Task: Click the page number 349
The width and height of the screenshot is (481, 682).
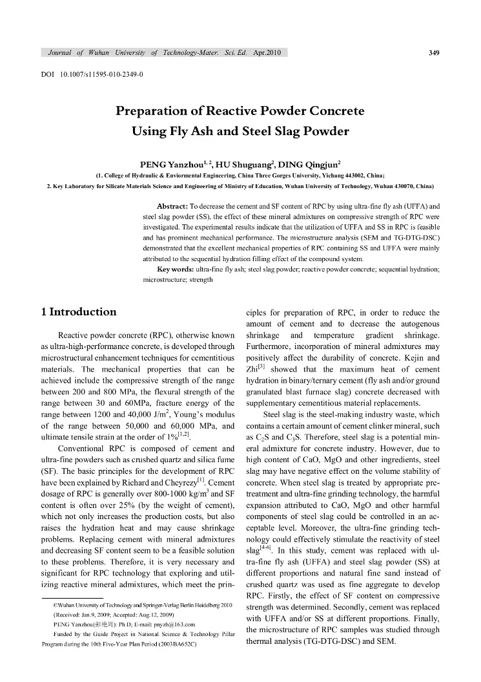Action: pos(434,53)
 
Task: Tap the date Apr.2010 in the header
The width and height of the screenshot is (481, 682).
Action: pos(267,53)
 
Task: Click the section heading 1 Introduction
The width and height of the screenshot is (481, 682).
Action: pos(78,312)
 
